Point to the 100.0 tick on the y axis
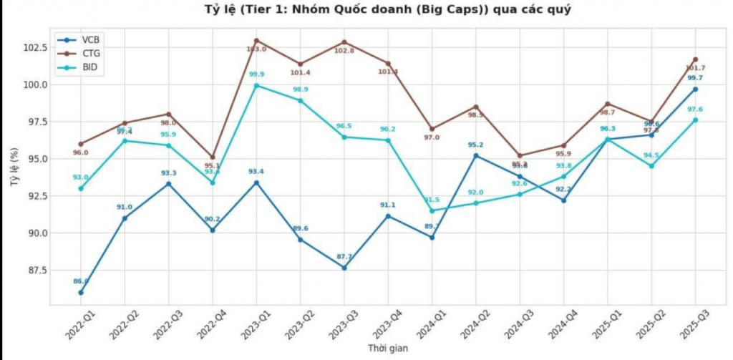point(35,84)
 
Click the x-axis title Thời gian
point(388,348)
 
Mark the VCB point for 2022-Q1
point(81,292)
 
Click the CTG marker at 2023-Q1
point(256,40)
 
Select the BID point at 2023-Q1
point(256,86)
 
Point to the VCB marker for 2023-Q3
point(344,268)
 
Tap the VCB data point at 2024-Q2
point(476,155)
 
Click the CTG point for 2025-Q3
point(695,59)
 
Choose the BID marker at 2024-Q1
point(432,210)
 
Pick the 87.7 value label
point(344,256)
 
